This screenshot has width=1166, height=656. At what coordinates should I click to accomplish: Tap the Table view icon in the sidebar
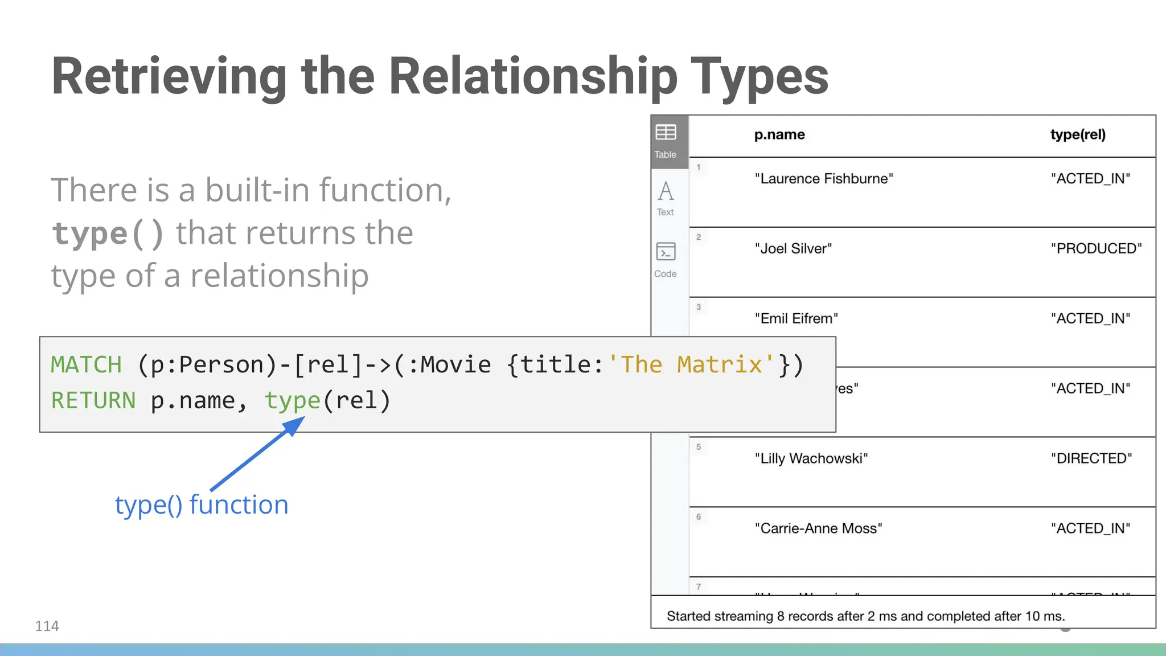[666, 140]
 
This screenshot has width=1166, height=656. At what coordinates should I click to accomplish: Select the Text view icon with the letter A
[666, 197]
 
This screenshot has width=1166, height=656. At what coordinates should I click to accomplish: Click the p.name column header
[779, 135]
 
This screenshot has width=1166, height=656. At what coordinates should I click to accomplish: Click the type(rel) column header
[1078, 135]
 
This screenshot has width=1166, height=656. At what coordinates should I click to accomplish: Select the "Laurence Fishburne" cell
[824, 179]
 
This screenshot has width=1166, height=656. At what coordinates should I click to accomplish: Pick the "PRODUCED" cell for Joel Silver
[1096, 249]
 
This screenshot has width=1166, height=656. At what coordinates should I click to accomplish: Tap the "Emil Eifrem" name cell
[796, 319]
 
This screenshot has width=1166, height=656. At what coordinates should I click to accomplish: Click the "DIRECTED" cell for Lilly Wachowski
[1091, 458]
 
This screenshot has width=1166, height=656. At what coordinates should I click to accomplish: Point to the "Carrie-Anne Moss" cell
[818, 528]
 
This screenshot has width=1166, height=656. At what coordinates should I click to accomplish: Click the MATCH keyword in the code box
[87, 365]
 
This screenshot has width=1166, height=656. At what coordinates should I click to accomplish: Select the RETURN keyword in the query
[93, 401]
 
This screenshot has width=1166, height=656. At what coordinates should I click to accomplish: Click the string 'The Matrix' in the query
[691, 365]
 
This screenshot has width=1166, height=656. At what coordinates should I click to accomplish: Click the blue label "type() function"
[202, 505]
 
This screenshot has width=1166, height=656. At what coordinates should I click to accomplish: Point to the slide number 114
[47, 626]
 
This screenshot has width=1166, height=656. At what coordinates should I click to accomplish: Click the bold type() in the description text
[108, 233]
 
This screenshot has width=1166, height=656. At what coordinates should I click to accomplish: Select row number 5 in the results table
[699, 447]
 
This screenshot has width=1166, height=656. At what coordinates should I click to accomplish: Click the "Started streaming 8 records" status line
[865, 616]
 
